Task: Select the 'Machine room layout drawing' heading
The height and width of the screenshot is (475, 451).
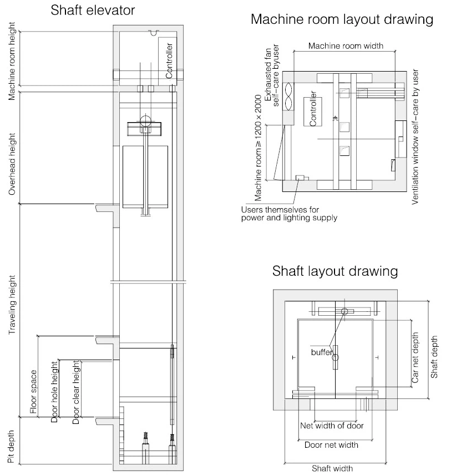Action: pos(342,19)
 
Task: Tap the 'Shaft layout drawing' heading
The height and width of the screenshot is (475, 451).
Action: pos(335,271)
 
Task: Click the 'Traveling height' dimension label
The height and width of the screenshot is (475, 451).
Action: pos(12,305)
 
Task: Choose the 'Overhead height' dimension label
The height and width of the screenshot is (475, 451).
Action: pos(12,164)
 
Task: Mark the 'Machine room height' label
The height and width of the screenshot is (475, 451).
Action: pos(12,62)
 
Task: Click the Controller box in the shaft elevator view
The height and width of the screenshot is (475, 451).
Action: pos(169,60)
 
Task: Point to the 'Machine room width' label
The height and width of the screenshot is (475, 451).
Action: pos(346,46)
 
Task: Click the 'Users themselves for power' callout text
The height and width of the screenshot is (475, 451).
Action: pos(289,214)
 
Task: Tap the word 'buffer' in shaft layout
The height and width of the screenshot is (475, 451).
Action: pos(321,352)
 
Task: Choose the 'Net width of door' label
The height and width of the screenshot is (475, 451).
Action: pos(332,426)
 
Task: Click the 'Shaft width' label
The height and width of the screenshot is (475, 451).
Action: pos(332,468)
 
